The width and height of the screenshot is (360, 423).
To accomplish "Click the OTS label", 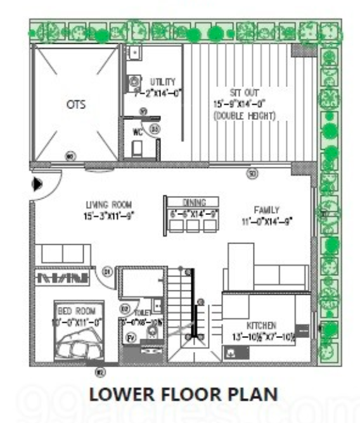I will click(76, 105).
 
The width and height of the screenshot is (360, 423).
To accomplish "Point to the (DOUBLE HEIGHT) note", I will click(245, 116).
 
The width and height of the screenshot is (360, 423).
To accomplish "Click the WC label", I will click(137, 133).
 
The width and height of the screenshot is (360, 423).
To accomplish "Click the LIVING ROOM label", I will click(109, 204).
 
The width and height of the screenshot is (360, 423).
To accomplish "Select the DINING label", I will click(191, 202).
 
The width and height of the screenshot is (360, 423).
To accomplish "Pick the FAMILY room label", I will click(267, 210).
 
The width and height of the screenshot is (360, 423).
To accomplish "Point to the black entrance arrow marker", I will click(37, 184).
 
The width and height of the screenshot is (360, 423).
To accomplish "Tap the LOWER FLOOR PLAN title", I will click(183, 394).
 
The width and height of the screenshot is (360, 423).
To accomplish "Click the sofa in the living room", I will click(62, 254).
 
